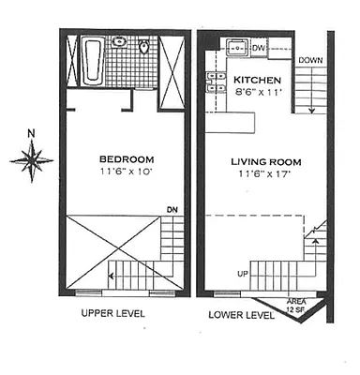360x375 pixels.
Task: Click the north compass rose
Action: (32, 161)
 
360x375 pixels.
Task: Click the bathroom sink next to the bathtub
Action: (120, 42)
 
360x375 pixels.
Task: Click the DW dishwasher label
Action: (259, 46)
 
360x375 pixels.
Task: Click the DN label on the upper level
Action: (171, 209)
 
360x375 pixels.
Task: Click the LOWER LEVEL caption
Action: (241, 315)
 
